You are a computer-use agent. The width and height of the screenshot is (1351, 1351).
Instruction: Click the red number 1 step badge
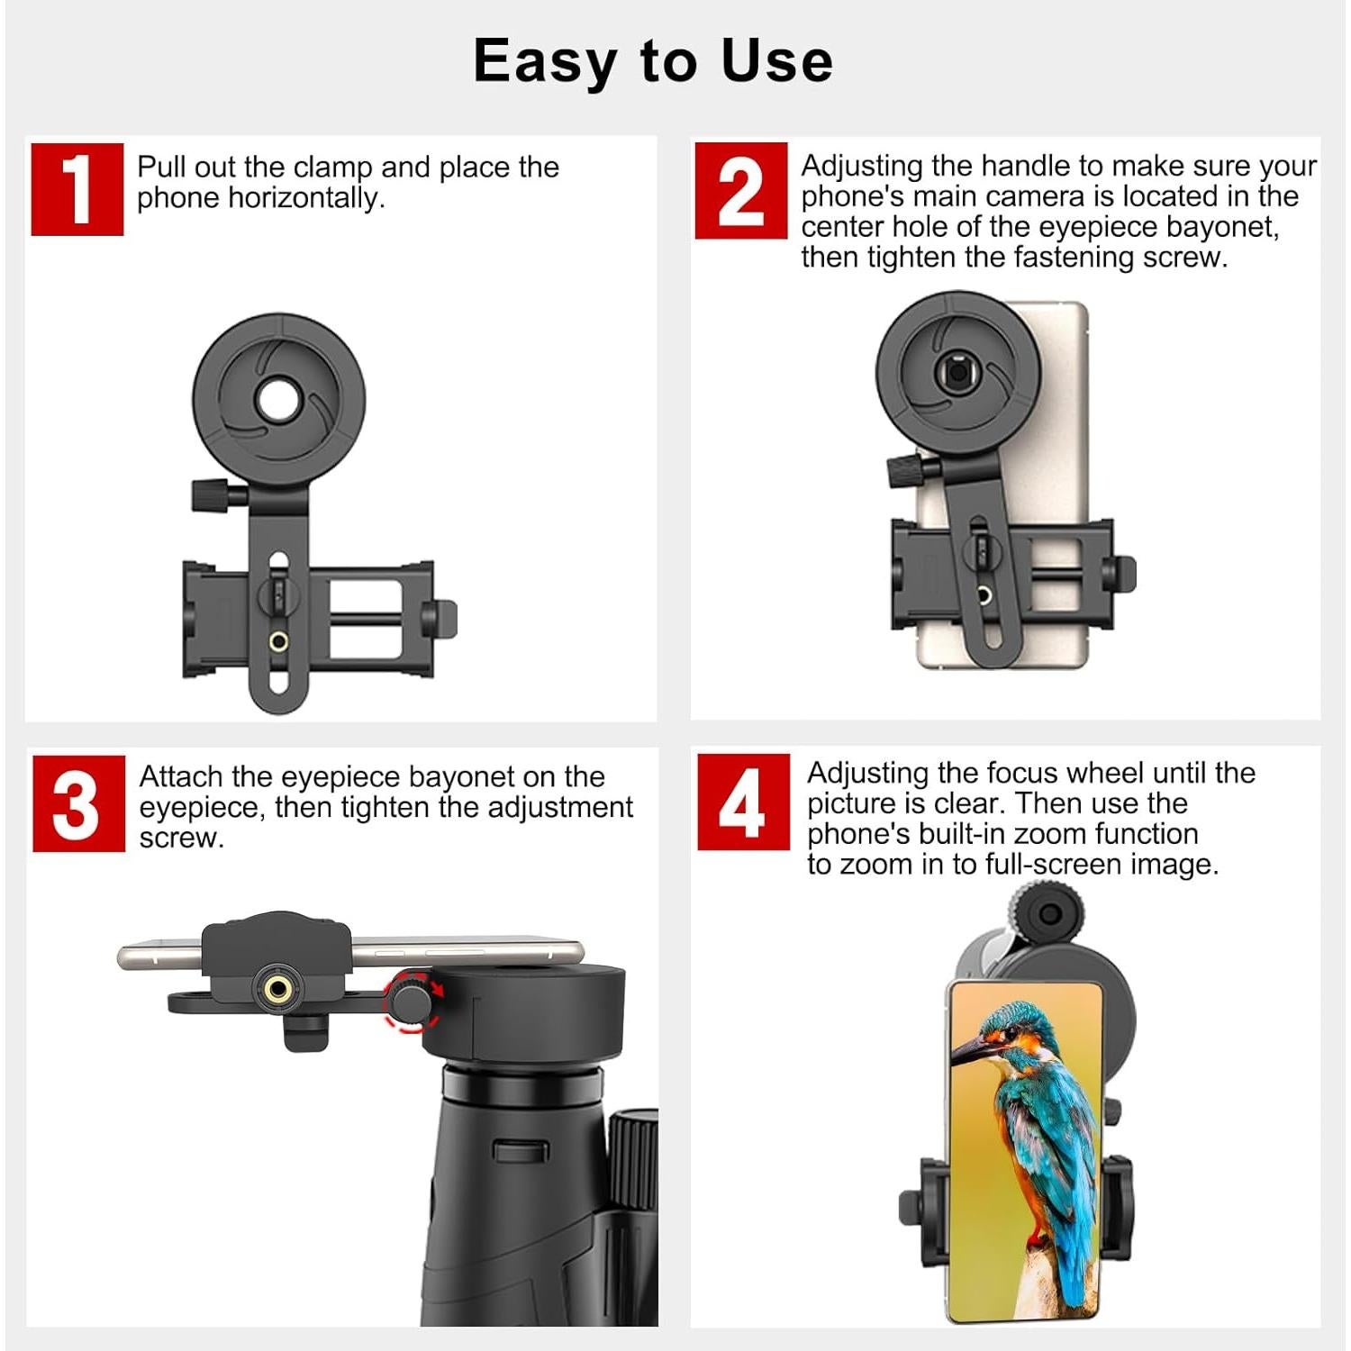(x=77, y=189)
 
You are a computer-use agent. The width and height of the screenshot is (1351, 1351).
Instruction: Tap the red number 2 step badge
(x=740, y=190)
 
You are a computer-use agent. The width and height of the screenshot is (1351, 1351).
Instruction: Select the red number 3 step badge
(x=78, y=803)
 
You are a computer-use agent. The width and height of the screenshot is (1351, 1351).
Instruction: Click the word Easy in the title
(x=544, y=61)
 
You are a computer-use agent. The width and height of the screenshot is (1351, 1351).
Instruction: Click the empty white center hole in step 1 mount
(x=279, y=400)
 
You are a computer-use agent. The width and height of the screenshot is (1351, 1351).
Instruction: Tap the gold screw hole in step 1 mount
(x=279, y=641)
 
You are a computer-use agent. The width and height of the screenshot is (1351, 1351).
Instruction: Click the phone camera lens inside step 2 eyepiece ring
(x=957, y=372)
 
